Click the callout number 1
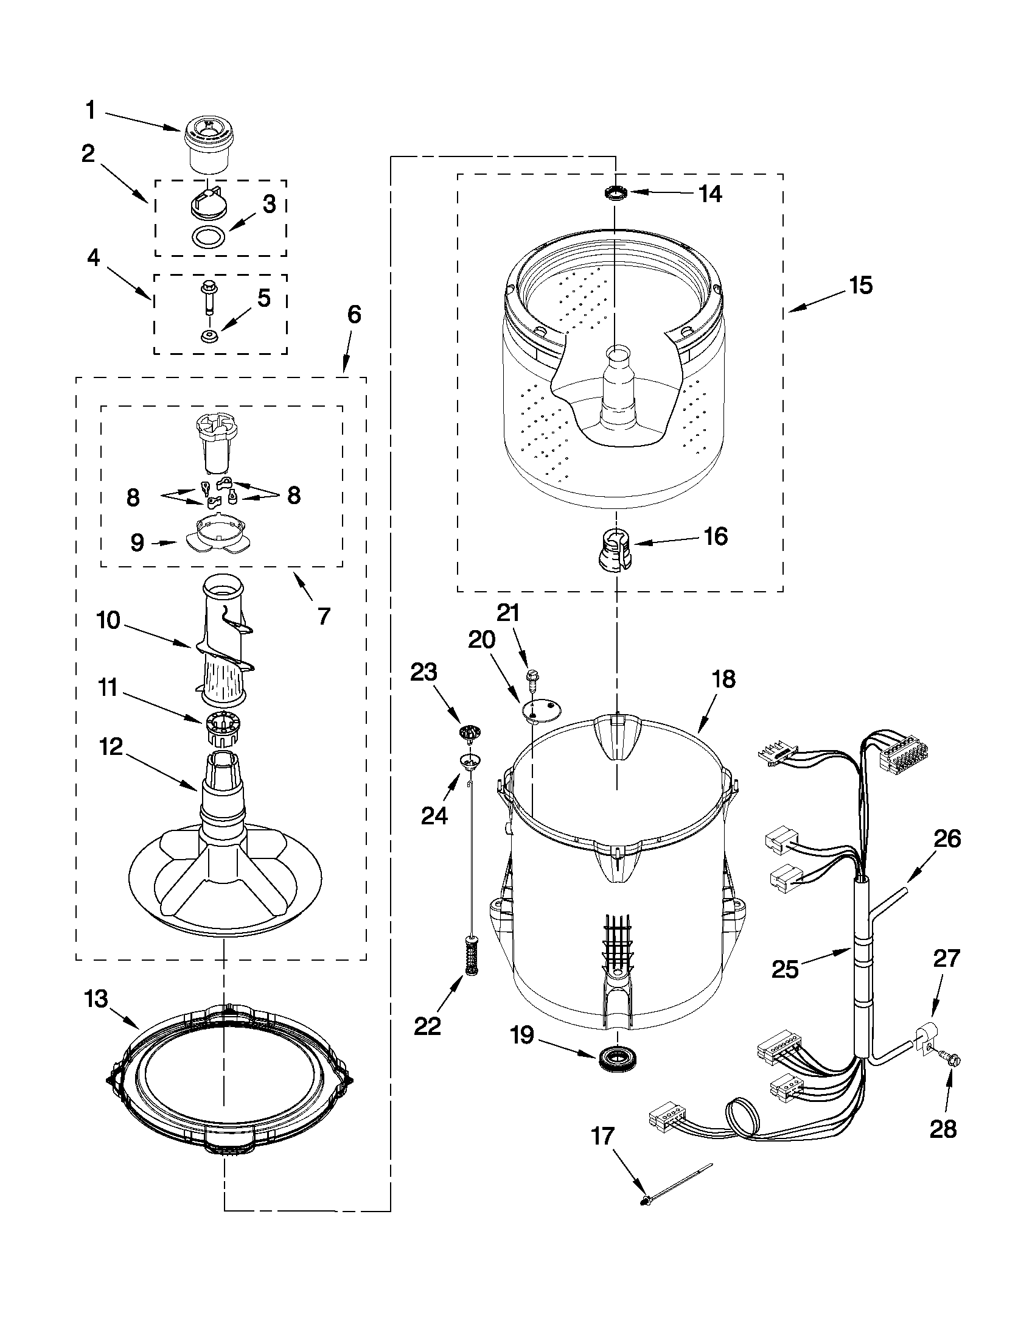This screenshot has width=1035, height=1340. [x=91, y=111]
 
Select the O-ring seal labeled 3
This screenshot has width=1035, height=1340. [x=208, y=237]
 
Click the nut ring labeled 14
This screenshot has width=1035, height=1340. [x=615, y=194]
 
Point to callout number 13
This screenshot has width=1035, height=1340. [x=96, y=999]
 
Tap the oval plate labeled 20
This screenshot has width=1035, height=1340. [x=541, y=710]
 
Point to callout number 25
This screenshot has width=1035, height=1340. [x=785, y=969]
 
